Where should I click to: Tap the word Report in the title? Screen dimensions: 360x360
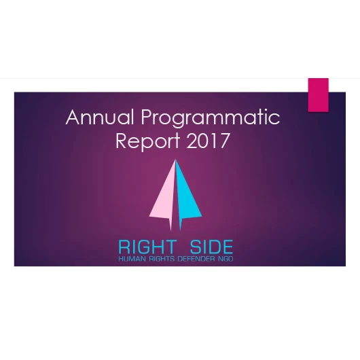pos(147,142)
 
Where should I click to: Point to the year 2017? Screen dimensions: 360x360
pos(205,142)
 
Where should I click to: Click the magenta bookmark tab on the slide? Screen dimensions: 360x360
pos(318,94)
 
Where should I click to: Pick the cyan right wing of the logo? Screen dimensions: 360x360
pos(189,197)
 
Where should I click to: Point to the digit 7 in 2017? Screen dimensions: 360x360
pos(224,142)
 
